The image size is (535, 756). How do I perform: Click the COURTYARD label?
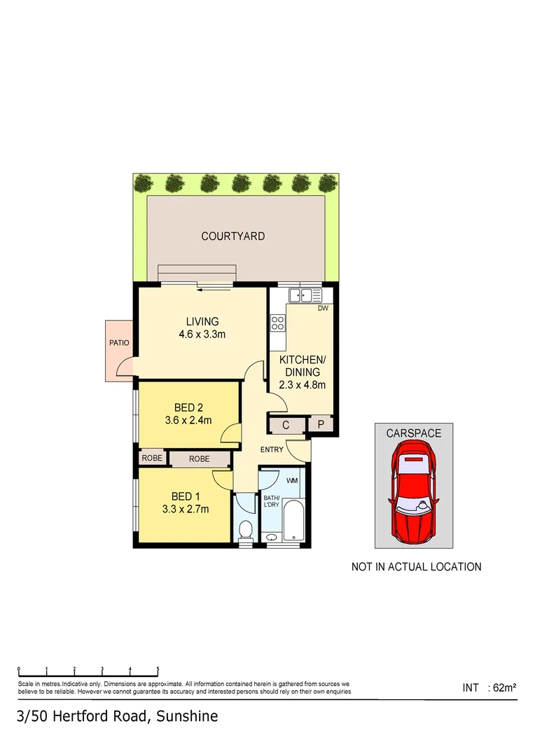pyautogui.click(x=233, y=237)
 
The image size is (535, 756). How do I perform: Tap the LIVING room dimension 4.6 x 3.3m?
pyautogui.click(x=202, y=334)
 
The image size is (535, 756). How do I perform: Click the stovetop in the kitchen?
pyautogui.click(x=278, y=323)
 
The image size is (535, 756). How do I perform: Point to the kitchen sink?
pyautogui.click(x=305, y=295)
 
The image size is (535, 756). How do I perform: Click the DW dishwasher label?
pyautogui.click(x=323, y=308)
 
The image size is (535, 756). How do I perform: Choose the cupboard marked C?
pyautogui.click(x=286, y=425)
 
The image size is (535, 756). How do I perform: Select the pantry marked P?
pyautogui.click(x=321, y=425)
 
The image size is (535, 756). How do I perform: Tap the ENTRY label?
pyautogui.click(x=272, y=449)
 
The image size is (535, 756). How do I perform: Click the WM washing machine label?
pyautogui.click(x=292, y=480)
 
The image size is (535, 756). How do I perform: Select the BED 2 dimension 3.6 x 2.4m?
pyautogui.click(x=188, y=421)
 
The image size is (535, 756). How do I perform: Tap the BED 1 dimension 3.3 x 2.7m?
pyautogui.click(x=186, y=509)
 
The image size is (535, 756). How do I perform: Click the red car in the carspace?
pyautogui.click(x=413, y=490)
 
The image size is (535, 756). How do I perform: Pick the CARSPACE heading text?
pyautogui.click(x=414, y=433)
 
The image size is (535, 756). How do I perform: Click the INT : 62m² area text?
pyautogui.click(x=489, y=688)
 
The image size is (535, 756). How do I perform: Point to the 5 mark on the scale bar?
pyautogui.click(x=158, y=670)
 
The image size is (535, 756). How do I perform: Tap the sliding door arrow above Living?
pyautogui.click(x=208, y=285)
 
